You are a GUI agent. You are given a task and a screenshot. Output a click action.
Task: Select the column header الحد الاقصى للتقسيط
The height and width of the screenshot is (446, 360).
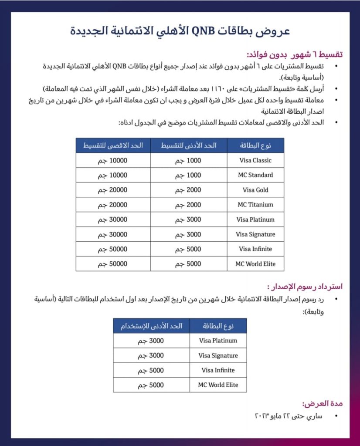tap(113, 145)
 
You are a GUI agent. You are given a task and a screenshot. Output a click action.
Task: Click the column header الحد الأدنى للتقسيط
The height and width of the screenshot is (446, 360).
tap(189, 145)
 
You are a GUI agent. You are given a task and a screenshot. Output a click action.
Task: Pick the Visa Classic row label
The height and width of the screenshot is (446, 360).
tap(255, 160)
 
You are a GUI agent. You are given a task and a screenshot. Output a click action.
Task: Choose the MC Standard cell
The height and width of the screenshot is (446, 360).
tap(255, 175)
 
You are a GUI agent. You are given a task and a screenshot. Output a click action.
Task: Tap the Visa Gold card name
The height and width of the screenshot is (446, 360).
tap(255, 190)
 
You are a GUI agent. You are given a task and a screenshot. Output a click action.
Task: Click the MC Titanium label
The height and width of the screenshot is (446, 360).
tap(255, 205)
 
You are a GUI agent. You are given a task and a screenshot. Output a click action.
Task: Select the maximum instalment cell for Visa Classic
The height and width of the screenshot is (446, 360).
tap(113, 160)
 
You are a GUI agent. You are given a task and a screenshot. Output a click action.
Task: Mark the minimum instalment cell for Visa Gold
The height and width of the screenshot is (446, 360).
tap(189, 190)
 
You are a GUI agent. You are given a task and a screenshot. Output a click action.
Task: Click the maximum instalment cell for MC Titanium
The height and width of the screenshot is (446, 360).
tap(113, 205)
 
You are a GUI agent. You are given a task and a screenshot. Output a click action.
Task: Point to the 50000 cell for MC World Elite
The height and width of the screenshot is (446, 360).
tap(113, 264)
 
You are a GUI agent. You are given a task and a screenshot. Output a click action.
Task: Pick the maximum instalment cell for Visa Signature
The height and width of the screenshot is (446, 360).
tap(113, 234)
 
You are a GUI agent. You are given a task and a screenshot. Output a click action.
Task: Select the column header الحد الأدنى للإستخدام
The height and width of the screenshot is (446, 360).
tap(151, 326)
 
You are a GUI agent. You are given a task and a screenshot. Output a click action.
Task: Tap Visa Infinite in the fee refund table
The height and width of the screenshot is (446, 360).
tap(218, 370)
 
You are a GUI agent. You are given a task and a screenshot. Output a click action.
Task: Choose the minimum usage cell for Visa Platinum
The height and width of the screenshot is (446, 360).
tap(151, 341)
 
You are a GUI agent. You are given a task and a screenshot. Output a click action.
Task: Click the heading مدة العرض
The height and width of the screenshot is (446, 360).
tap(323, 403)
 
